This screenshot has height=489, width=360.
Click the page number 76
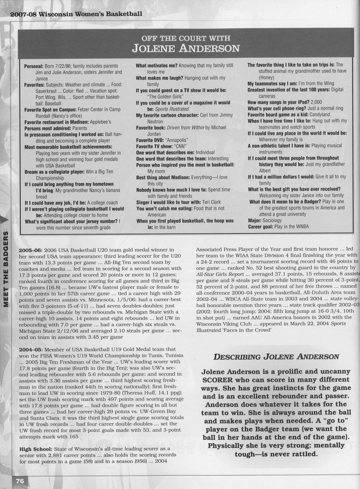point(20,481)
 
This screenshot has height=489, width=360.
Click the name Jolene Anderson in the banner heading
point(185,48)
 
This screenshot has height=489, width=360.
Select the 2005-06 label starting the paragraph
point(31,250)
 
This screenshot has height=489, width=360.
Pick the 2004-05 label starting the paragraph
point(31,349)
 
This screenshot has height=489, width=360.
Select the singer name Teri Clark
point(211,202)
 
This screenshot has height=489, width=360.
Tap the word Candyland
point(320,114)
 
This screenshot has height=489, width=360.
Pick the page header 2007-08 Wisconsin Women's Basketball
point(76,15)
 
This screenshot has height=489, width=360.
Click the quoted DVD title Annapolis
point(177,140)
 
